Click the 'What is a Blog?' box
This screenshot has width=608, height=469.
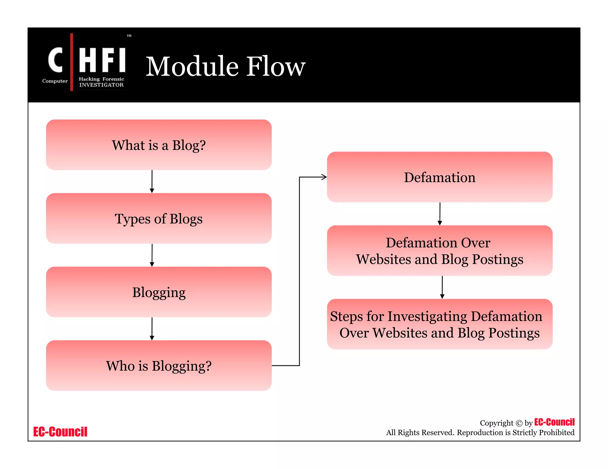pyautogui.click(x=159, y=145)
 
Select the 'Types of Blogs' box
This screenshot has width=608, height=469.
pyautogui.click(x=159, y=218)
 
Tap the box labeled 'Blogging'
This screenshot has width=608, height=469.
pyautogui.click(x=159, y=292)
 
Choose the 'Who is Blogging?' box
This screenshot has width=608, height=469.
pyautogui.click(x=159, y=366)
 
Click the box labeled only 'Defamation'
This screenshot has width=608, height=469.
pyautogui.click(x=440, y=177)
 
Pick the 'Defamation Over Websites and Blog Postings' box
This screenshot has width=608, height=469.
pyautogui.click(x=440, y=251)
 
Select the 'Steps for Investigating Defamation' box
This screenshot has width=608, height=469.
pyautogui.click(x=440, y=324)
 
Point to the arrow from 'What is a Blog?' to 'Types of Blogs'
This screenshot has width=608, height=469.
pyautogui.click(x=152, y=181)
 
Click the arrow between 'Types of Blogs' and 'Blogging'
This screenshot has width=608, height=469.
pyautogui.click(x=152, y=255)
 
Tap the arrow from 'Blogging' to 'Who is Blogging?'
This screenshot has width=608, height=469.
pyautogui.click(x=152, y=328)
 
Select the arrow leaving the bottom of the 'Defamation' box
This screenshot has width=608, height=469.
pyautogui.click(x=440, y=214)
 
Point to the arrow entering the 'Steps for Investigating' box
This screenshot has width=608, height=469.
pyautogui.click(x=442, y=287)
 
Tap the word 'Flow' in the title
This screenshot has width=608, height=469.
pyautogui.click(x=276, y=66)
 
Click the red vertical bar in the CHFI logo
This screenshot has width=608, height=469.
pyautogui.click(x=72, y=62)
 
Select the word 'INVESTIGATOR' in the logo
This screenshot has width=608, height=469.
pyautogui.click(x=101, y=85)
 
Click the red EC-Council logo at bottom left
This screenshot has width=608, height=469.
pyautogui.click(x=60, y=432)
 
